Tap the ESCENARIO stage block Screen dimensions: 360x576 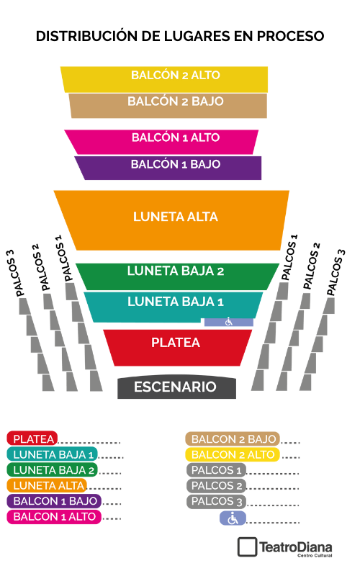point(176,387)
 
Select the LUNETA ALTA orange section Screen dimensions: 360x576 point(173,220)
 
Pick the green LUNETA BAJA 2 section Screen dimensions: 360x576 point(177,276)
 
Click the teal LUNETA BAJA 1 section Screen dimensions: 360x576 point(173,305)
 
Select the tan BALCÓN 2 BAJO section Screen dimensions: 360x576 point(168,106)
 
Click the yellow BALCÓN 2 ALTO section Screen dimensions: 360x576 point(165,79)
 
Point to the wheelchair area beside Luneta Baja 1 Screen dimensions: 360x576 point(229,322)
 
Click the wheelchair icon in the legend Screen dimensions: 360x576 point(233,518)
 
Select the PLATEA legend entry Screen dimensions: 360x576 point(32,438)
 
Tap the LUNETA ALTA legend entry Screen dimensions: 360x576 point(47,485)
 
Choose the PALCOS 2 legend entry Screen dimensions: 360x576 point(217,485)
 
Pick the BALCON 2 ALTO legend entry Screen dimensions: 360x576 point(233,454)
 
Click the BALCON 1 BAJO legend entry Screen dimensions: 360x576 point(54,501)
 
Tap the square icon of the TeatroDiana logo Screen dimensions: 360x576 point(247,547)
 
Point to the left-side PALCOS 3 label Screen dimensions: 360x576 point(15,273)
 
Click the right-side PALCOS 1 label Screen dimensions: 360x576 point(289,257)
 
